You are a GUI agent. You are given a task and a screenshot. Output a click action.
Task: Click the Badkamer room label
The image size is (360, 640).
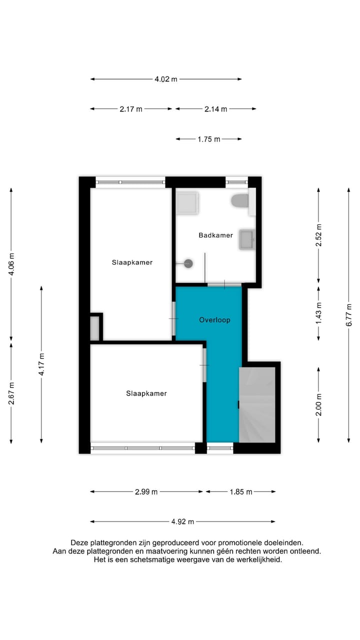pyautogui.click(x=215, y=235)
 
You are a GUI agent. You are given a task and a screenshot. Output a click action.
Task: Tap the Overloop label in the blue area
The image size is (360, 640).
pyautogui.click(x=214, y=320)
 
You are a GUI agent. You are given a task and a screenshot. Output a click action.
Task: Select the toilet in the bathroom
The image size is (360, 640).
pyautogui.click(x=240, y=201)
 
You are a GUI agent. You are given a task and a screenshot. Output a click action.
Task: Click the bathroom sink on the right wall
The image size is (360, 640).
pyautogui.click(x=247, y=239)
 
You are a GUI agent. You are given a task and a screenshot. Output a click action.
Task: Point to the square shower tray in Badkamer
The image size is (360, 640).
pyautogui.click(x=187, y=202)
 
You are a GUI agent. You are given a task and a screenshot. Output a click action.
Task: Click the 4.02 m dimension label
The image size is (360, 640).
pyautogui.click(x=166, y=79)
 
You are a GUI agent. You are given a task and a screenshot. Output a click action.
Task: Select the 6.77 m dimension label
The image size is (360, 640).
pyautogui.click(x=349, y=314)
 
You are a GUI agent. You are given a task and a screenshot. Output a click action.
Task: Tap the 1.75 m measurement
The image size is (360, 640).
pyautogui.click(x=208, y=139)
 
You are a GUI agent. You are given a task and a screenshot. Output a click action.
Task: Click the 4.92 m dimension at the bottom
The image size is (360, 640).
pyautogui.click(x=182, y=521)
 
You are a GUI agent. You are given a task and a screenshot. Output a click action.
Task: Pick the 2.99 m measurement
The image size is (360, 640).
pyautogui.click(x=146, y=491)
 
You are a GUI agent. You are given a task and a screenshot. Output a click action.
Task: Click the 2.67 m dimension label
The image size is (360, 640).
pyautogui.click(x=11, y=392)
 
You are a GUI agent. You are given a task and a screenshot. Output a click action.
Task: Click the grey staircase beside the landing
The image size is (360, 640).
pyautogui.click(x=257, y=405)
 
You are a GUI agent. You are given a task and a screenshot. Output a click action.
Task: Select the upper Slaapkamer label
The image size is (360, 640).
pyautogui.click(x=132, y=262)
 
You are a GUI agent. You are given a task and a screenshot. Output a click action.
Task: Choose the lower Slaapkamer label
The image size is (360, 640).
pyautogui.click(x=146, y=393)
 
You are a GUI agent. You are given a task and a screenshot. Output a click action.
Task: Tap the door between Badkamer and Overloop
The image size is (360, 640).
pyautogui.click(x=224, y=284)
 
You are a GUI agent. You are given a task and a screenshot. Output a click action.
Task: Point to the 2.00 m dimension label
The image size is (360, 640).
pyautogui.click(x=318, y=404)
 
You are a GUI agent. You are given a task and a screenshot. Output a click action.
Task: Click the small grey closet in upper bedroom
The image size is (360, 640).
pyautogui.click(x=95, y=328)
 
